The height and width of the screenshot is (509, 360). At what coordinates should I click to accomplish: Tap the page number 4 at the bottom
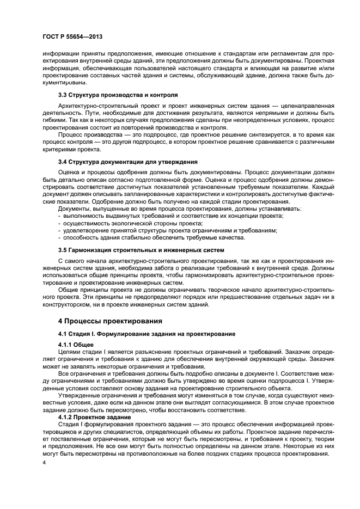coord(45,462)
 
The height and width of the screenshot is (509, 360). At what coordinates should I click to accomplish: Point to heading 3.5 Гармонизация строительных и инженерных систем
coord(141,250)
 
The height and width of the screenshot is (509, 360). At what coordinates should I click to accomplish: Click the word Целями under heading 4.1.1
coord(70,352)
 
